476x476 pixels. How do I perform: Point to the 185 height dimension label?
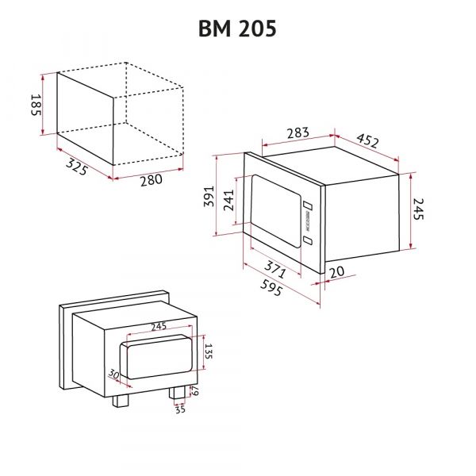pyautogui.click(x=36, y=104)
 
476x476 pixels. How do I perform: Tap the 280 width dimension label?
pyautogui.click(x=151, y=180)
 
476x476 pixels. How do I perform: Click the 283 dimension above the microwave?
pyautogui.click(x=297, y=132)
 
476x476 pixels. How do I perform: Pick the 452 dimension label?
pyautogui.click(x=367, y=141)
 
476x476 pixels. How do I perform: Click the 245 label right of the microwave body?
pyautogui.click(x=421, y=209)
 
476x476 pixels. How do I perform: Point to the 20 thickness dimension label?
pyautogui.click(x=336, y=272)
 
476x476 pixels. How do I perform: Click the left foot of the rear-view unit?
pyautogui.click(x=121, y=401)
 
